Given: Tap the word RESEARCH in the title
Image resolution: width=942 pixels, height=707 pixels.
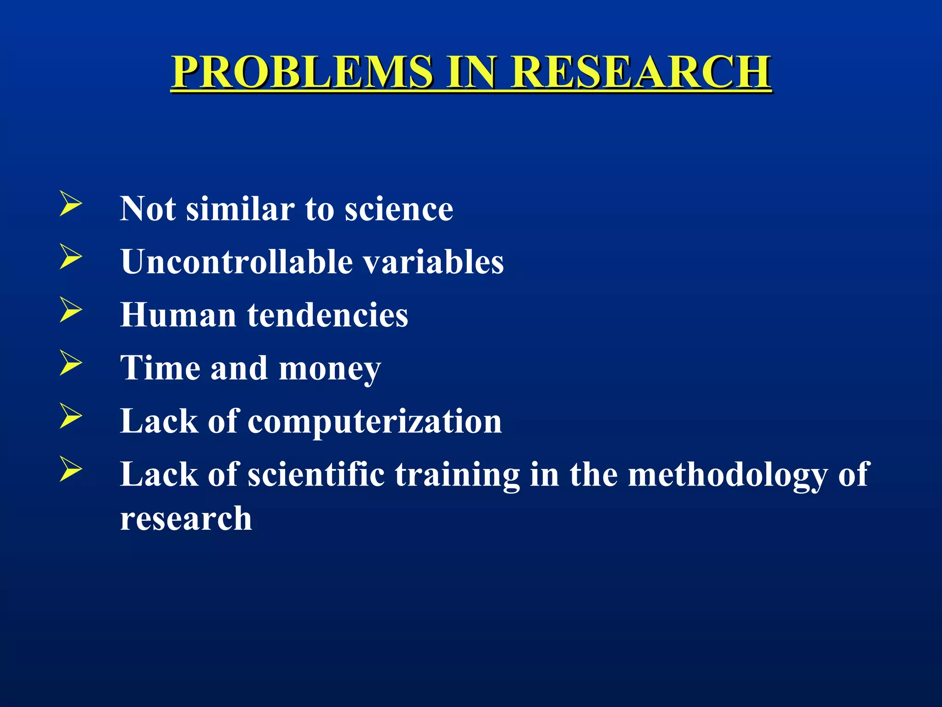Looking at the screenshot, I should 641,72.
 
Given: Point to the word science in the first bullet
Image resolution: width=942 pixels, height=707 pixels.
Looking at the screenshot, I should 399,209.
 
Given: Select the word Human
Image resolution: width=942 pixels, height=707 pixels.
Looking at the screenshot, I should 178,315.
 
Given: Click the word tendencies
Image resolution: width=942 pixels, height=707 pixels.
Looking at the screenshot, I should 327,315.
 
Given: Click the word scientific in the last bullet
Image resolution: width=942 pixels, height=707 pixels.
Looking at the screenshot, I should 316,474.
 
